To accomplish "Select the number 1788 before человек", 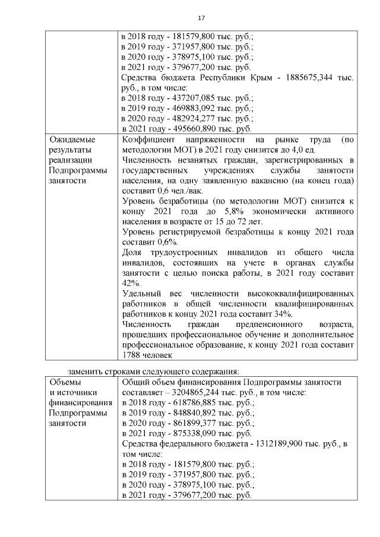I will pyautogui.click(x=132, y=355).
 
